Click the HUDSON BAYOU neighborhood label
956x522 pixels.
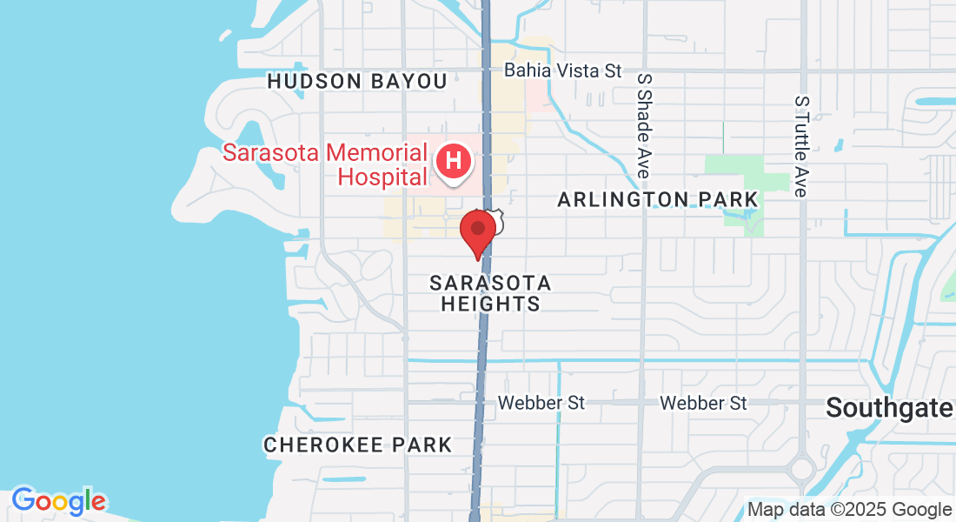(x=357, y=82)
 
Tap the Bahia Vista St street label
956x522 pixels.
(x=563, y=70)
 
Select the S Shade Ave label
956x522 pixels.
(x=644, y=125)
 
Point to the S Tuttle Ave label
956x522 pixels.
(x=801, y=146)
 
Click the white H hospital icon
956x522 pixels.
(x=454, y=160)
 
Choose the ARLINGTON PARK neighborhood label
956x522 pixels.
(x=658, y=199)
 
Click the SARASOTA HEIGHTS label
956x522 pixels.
(x=490, y=293)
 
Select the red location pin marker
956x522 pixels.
(x=477, y=231)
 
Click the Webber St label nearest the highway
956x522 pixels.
(x=541, y=403)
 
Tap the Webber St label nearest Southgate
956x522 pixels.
(x=703, y=403)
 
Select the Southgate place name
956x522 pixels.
(x=888, y=406)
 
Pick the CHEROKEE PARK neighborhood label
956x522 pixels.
(x=358, y=445)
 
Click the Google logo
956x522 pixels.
(x=58, y=501)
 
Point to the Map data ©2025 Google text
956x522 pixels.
(x=849, y=509)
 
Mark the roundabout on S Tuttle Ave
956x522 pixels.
(x=802, y=469)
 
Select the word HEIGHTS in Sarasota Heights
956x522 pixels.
(x=490, y=304)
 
